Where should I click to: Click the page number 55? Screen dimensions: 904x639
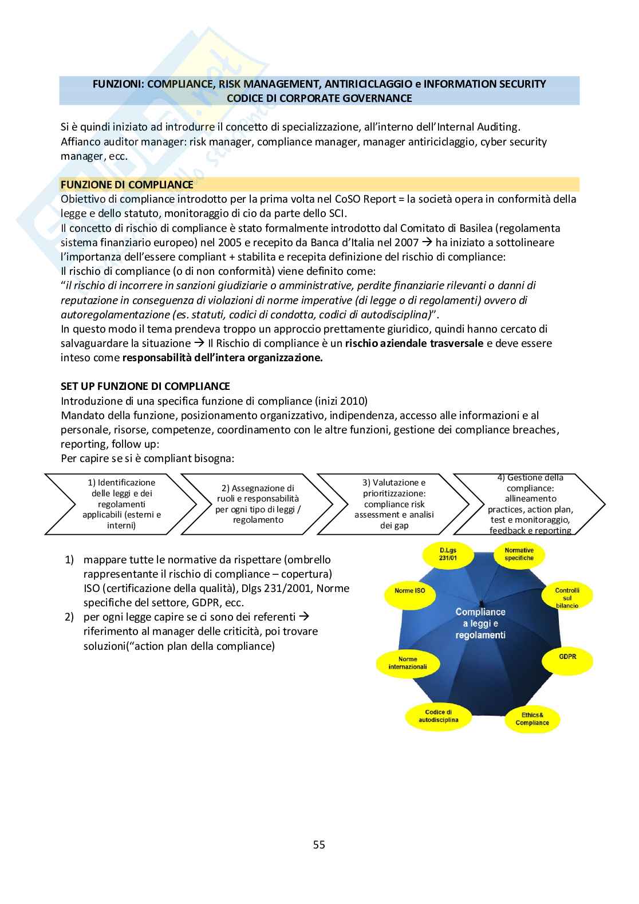(319, 844)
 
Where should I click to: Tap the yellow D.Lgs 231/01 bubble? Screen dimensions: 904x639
(448, 554)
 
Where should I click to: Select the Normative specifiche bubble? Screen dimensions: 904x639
(519, 554)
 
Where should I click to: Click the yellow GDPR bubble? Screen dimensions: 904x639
(567, 657)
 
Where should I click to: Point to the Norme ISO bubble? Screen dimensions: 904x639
(410, 590)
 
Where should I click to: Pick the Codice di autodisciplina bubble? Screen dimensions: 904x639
(438, 716)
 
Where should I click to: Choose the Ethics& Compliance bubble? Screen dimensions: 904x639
(532, 719)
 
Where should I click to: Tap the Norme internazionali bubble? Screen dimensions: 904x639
(408, 663)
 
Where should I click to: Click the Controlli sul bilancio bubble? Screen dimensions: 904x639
(567, 598)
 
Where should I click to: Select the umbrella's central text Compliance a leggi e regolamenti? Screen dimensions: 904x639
(480, 623)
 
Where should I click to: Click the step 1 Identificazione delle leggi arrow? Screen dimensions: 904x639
(121, 504)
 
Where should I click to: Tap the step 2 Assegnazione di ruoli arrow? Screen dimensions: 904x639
(258, 504)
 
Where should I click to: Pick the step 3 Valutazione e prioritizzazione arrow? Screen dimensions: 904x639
(394, 504)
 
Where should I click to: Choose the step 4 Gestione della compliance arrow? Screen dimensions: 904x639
(530, 504)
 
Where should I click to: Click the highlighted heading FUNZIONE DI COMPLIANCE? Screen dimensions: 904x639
(127, 184)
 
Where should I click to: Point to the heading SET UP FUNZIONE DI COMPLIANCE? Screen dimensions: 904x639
(145, 386)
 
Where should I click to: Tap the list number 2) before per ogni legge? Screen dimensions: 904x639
(69, 617)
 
